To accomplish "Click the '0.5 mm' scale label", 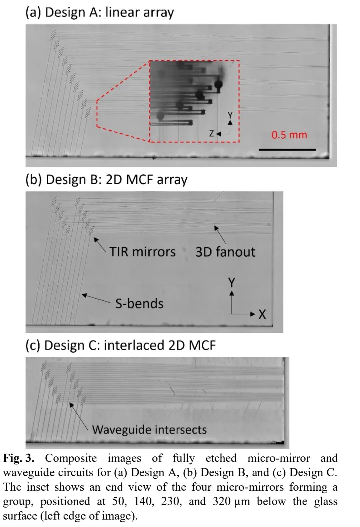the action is [x=289, y=135].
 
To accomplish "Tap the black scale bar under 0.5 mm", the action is [x=287, y=150].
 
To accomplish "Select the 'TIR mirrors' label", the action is [x=143, y=252].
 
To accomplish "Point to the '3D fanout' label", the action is [x=225, y=252].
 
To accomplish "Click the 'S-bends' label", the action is [x=139, y=304].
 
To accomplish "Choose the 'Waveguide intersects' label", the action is [x=149, y=429].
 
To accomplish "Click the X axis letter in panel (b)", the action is [x=262, y=314].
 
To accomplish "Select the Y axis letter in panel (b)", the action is [x=232, y=283].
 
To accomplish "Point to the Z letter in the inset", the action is [x=211, y=134].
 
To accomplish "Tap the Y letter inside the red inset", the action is [x=230, y=115].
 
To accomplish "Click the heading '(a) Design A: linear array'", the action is [x=100, y=13].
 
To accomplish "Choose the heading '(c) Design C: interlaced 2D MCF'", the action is [x=121, y=345].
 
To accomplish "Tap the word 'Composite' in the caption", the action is [x=71, y=458].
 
